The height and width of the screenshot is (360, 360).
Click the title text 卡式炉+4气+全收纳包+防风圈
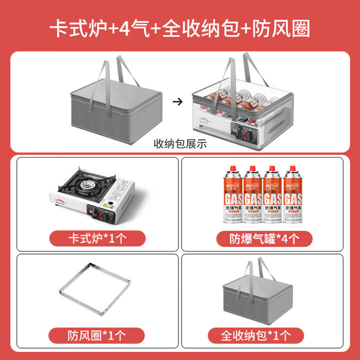pos(179,28)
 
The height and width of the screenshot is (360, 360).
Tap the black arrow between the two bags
pos(176,101)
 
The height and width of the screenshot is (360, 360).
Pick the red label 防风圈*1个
pos(97,334)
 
